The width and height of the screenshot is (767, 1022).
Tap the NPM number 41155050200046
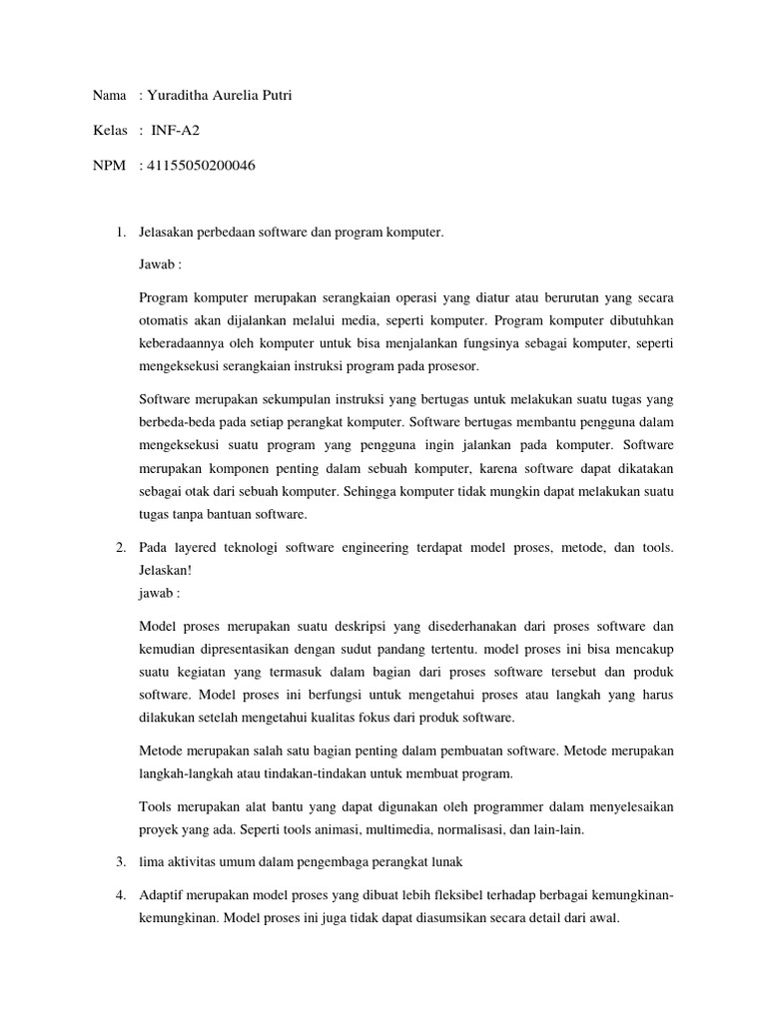(201, 166)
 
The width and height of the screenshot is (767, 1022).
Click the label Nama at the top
(109, 96)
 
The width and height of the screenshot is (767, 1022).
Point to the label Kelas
(110, 131)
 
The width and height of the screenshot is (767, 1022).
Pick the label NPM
(109, 166)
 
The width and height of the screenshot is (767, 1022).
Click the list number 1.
(120, 234)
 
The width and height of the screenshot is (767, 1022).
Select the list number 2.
(120, 548)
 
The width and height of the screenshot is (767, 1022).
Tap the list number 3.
(120, 861)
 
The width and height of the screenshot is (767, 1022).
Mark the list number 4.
(120, 896)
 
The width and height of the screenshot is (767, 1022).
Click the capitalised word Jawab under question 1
(158, 266)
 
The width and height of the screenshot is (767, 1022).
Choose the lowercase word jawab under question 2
(157, 592)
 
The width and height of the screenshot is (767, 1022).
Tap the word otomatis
(165, 321)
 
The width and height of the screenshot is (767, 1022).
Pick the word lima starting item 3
(152, 861)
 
